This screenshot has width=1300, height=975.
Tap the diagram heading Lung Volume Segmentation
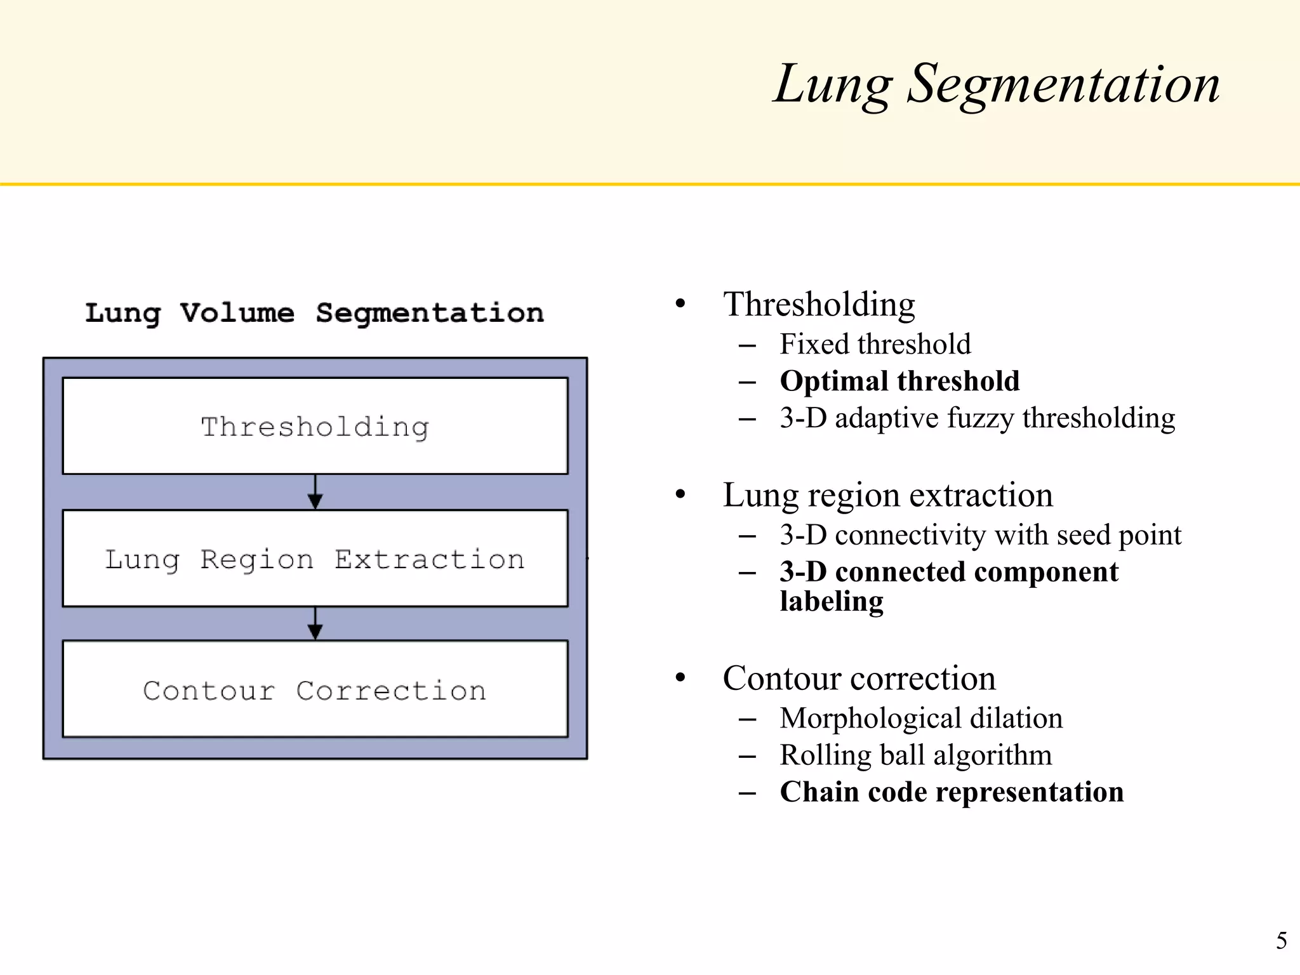pos(315,313)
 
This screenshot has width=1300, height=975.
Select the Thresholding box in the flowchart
pos(315,426)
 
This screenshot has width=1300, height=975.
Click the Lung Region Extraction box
pos(315,559)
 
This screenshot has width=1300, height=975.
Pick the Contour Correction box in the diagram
pos(315,689)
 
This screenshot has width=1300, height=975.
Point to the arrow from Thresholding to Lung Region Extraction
pos(315,493)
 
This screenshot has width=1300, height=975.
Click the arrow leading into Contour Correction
pos(315,624)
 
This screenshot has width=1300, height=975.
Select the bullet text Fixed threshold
pos(875,344)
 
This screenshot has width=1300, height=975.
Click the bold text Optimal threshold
pos(899,381)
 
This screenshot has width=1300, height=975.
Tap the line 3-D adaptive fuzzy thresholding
pos(977,418)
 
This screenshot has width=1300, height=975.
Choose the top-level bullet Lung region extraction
pos(887,495)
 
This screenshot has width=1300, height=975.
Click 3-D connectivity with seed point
pos(980,535)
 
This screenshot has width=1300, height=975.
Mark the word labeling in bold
pos(831,601)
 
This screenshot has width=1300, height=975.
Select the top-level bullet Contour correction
pos(859,679)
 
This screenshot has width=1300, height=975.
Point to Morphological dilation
pos(920,719)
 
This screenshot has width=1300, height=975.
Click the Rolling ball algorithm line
pos(915,755)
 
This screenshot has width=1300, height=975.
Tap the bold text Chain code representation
pos(952,792)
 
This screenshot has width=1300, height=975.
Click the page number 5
pos(1281,940)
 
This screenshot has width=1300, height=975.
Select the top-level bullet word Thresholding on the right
pos(819,304)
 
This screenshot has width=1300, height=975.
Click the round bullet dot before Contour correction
pos(680,678)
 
